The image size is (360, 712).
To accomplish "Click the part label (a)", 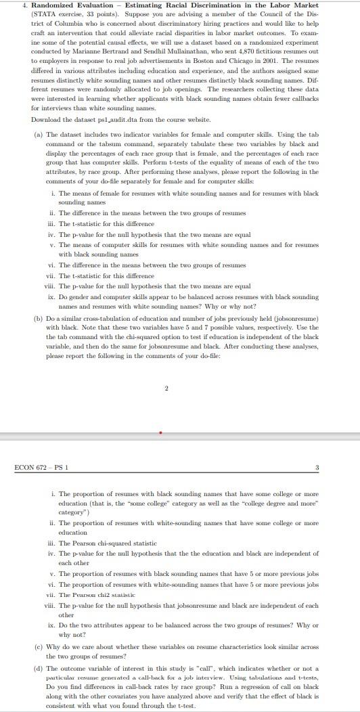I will tap(39, 135).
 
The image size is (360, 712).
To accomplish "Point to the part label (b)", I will tap(39, 318).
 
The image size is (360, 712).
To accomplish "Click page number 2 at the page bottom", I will tap(166, 388).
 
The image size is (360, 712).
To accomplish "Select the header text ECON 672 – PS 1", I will tap(41, 467).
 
